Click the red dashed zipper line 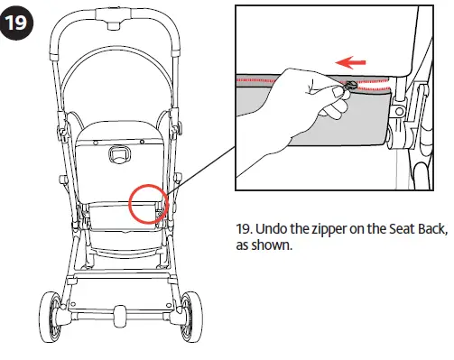271,78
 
